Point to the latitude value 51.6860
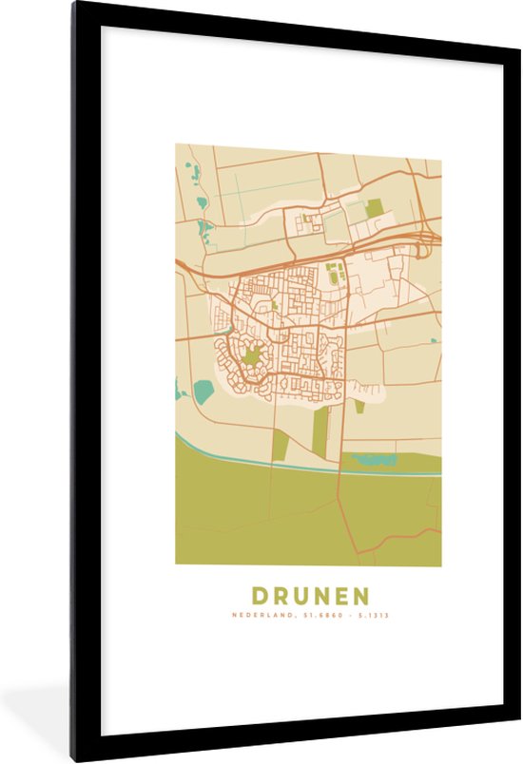coord(320,616)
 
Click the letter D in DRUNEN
coord(261,596)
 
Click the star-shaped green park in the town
coord(251,355)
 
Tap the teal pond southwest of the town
coord(203,390)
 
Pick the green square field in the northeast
coord(375,207)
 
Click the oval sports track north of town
coord(334,274)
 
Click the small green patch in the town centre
coord(274,306)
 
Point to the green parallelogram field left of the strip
coord(281,443)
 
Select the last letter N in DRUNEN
coord(360,596)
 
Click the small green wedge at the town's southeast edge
coord(359,406)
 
